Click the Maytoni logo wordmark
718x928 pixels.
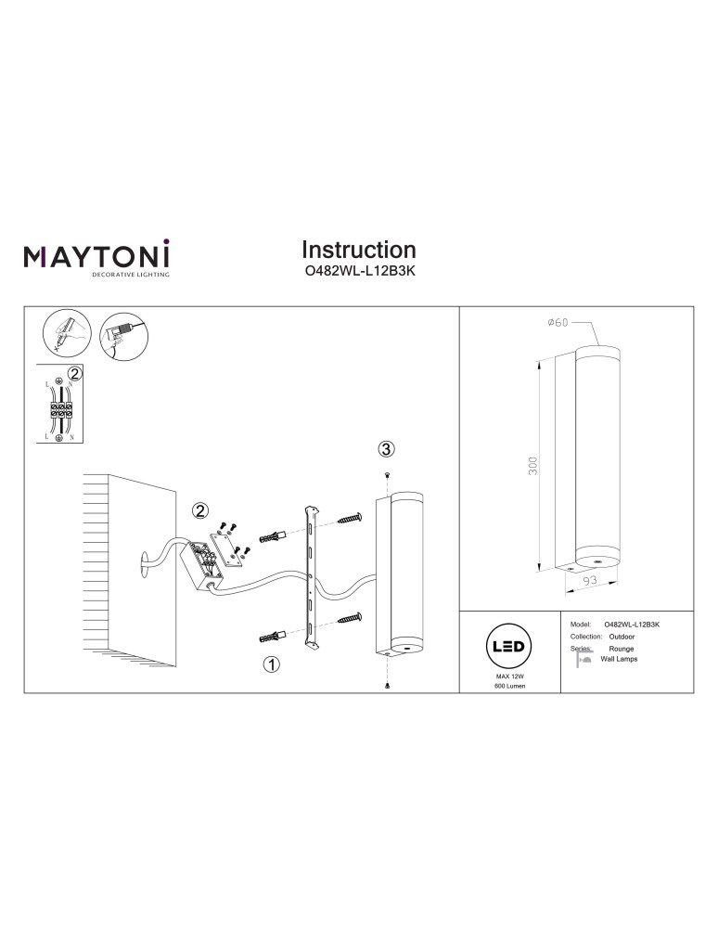[x=96, y=256]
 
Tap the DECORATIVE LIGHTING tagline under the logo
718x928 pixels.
[x=129, y=276]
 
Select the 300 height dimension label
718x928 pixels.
[x=533, y=466]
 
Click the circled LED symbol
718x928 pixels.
[x=506, y=647]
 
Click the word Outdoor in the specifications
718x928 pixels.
[x=621, y=638]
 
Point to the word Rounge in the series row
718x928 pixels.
[x=622, y=649]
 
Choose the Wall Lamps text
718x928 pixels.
[x=619, y=658]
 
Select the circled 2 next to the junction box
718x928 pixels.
[x=199, y=510]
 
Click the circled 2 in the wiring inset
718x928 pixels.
[x=76, y=373]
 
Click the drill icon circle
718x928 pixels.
[x=121, y=332]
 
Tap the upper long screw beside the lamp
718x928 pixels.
[x=350, y=520]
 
